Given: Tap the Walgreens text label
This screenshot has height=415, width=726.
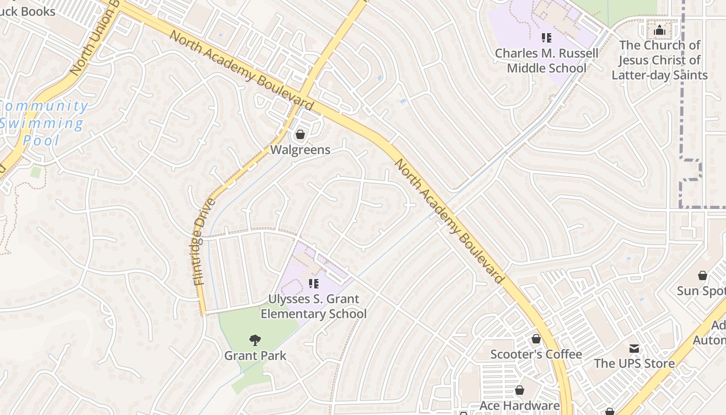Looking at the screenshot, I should (x=300, y=150).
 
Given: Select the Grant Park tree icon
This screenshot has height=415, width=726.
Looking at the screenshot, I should (x=255, y=341).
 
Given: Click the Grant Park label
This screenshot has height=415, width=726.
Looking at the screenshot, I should (x=255, y=356).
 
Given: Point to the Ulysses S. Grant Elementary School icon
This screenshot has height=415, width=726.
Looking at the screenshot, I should (x=313, y=284).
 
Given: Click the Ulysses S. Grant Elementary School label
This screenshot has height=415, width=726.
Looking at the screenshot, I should (x=313, y=307).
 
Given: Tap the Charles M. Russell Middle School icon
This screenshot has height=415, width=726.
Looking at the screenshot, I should (x=546, y=38).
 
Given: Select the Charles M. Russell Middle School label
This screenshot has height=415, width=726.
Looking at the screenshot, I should (x=547, y=61).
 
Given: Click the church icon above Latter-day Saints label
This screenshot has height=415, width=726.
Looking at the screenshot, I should (x=660, y=30).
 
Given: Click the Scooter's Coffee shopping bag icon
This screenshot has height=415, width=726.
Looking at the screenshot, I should (x=536, y=339).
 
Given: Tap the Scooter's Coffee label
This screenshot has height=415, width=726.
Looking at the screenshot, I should (x=536, y=354).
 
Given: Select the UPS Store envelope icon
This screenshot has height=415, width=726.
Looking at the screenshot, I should (x=634, y=348).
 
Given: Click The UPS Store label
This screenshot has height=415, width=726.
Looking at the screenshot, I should (x=634, y=363).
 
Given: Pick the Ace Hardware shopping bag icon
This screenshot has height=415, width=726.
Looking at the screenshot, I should (x=520, y=391).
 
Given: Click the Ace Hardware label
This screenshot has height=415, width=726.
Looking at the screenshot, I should (x=520, y=406).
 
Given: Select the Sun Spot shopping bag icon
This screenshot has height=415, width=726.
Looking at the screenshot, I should (x=703, y=275).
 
